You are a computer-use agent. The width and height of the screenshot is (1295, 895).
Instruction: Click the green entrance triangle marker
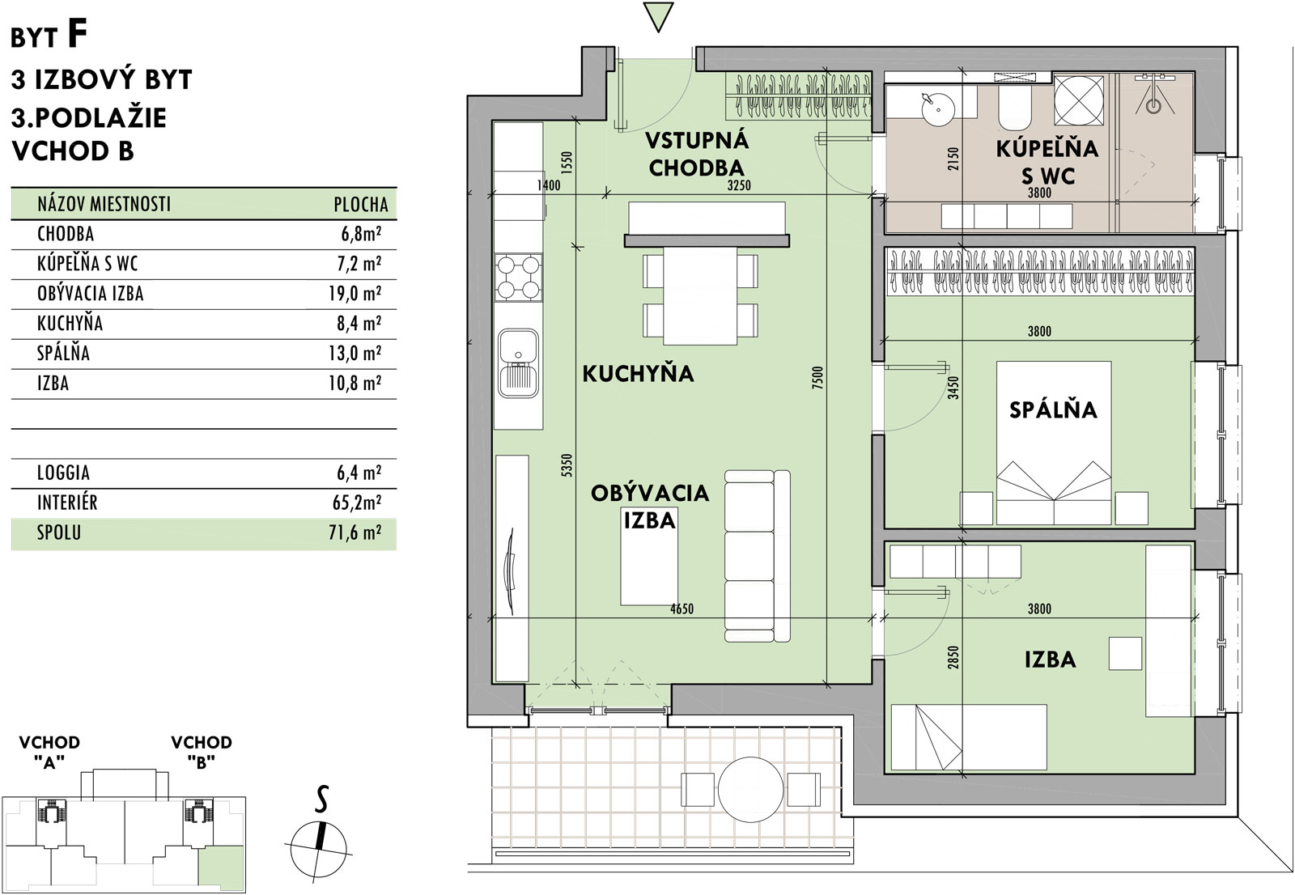tap(657, 17)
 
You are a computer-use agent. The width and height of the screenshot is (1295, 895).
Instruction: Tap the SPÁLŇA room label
tap(1053, 409)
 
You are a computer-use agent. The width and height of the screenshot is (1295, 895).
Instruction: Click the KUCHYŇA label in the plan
tap(638, 374)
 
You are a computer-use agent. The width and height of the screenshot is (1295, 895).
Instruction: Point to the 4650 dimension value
tap(681, 609)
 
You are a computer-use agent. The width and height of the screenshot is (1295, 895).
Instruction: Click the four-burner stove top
tap(519, 278)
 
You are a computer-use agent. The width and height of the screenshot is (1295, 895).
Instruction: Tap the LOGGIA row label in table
tap(63, 473)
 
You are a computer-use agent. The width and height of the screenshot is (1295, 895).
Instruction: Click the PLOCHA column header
tap(361, 204)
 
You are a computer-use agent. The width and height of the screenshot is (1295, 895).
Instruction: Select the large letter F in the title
tap(76, 34)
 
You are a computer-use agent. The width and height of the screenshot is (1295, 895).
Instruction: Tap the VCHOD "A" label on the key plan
tap(49, 752)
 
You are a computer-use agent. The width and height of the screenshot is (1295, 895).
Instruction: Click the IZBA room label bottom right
tap(1050, 660)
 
